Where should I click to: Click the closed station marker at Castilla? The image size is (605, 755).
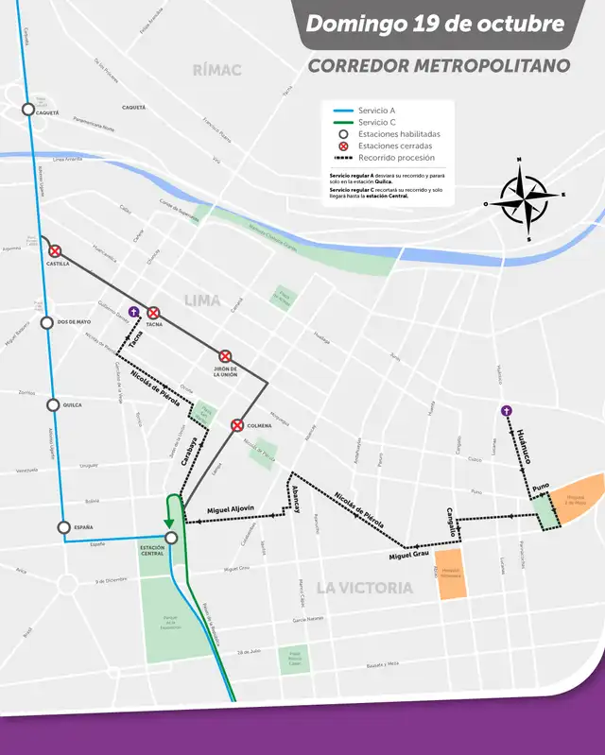[x=55, y=251]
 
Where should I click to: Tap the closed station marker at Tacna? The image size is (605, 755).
[x=153, y=313]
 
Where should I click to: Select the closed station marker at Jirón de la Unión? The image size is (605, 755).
[x=225, y=356]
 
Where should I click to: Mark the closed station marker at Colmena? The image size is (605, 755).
[x=238, y=425]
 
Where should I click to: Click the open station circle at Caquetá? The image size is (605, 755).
[x=27, y=111]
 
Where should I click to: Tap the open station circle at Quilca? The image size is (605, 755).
[x=53, y=404]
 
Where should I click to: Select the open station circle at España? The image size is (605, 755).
[x=63, y=527]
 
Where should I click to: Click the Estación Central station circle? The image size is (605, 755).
[x=171, y=538]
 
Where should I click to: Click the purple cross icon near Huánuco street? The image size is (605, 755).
[x=507, y=410]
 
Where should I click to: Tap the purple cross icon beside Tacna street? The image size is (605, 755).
[x=132, y=311]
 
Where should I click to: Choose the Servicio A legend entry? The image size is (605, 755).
[x=376, y=111]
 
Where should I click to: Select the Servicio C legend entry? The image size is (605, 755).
[x=376, y=123]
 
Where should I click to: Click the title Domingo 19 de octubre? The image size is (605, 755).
[x=448, y=24]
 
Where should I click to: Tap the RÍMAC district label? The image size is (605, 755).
[x=216, y=70]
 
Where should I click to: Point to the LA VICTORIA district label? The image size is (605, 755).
[x=364, y=587]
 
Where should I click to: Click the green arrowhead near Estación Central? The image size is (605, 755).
[x=170, y=522]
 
